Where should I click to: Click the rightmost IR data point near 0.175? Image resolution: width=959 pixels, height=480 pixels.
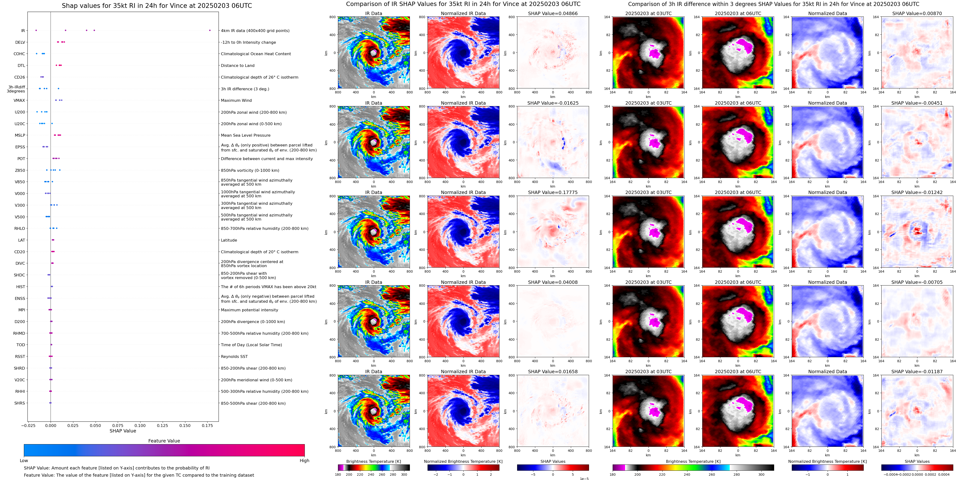coord(210,30)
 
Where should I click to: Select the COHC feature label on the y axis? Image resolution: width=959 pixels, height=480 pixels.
coord(19,54)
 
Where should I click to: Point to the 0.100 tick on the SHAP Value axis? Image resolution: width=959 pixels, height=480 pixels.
coord(140,426)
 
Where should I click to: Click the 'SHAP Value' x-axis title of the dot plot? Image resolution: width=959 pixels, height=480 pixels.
coord(123,431)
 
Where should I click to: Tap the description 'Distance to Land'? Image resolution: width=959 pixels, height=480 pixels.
coord(237,65)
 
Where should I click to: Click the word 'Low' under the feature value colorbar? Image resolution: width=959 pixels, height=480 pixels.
coord(24,461)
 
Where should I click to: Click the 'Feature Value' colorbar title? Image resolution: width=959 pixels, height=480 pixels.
coord(164,441)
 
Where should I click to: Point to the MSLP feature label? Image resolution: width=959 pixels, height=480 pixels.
coord(20,135)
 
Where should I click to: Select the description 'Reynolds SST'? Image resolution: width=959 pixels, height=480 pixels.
coord(234,356)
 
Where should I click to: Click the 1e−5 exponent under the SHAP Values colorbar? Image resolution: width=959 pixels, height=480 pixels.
coord(584,479)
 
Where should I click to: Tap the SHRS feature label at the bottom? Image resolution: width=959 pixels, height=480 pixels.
coord(20,403)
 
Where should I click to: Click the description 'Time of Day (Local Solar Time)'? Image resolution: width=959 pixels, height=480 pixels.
coord(251,345)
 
